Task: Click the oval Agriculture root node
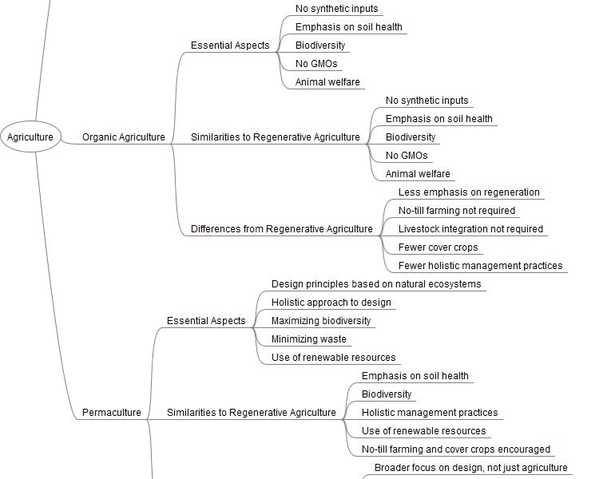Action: point(30,137)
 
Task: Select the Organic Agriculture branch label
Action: point(124,137)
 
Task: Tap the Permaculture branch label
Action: point(112,413)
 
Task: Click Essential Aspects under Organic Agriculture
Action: point(230,46)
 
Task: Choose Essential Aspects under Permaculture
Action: point(206,321)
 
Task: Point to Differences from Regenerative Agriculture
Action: point(281,229)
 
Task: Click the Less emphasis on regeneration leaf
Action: point(469,192)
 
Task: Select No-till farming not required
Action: point(457,211)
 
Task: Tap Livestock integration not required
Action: point(470,229)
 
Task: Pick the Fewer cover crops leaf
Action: point(438,247)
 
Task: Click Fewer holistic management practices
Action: point(480,266)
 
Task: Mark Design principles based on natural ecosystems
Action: point(376,284)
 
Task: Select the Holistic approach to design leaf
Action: point(331,303)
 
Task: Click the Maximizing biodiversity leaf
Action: point(321,321)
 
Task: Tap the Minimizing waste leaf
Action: point(309,339)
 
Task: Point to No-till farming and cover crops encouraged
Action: point(456,449)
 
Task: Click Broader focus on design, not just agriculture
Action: point(471,468)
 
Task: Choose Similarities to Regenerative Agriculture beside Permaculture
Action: point(252,413)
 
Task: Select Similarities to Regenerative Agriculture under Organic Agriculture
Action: point(276,137)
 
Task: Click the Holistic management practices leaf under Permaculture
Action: point(430,413)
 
